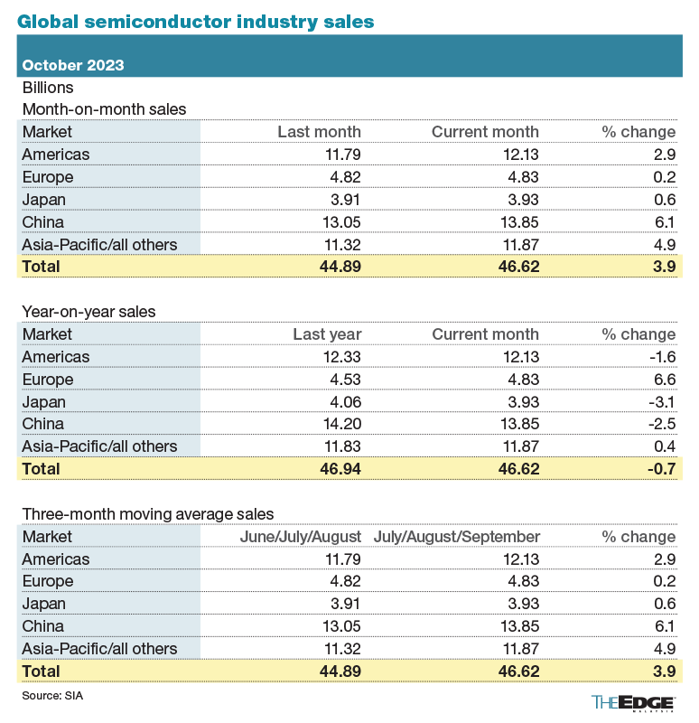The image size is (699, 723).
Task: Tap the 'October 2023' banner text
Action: click(x=73, y=65)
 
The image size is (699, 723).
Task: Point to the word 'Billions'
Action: click(x=48, y=88)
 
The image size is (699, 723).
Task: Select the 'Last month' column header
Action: click(x=319, y=132)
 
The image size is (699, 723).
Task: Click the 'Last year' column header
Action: click(x=327, y=334)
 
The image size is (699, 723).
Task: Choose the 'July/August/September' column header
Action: click(x=456, y=537)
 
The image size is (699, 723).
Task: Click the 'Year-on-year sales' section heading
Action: click(x=89, y=312)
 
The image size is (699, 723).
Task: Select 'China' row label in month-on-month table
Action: click(x=43, y=221)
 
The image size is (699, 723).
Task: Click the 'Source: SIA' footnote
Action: click(x=52, y=696)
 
